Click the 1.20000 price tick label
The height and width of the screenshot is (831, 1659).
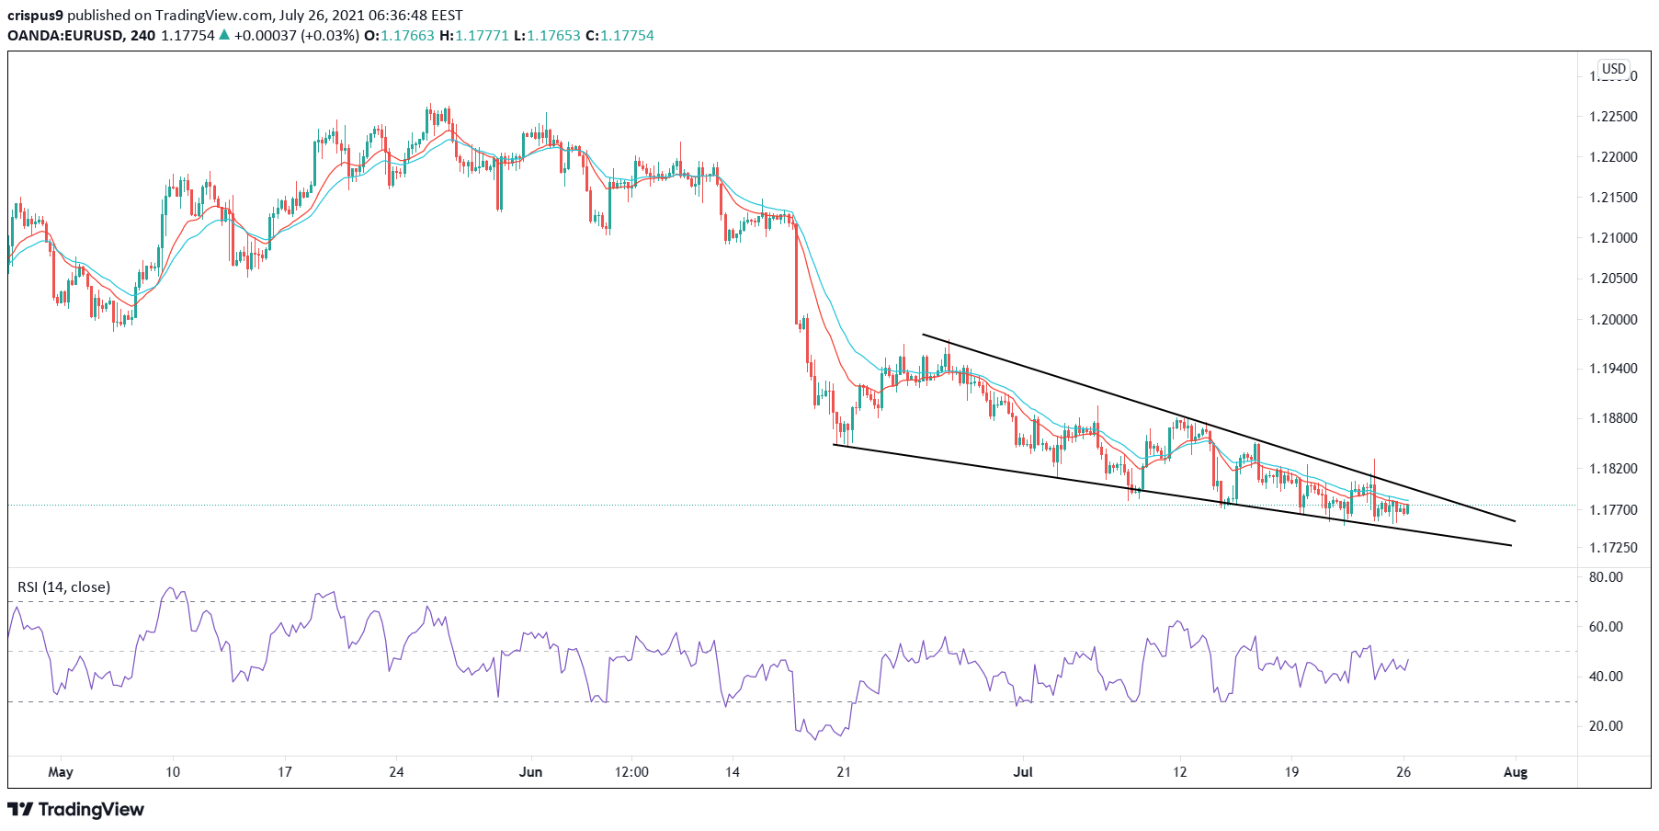1613,320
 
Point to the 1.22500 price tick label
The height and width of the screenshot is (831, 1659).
1613,117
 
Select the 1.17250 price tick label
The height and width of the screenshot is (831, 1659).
1613,548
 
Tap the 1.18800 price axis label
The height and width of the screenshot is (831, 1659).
1613,418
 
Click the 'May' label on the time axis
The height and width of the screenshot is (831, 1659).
61,772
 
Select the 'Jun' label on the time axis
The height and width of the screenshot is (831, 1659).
530,772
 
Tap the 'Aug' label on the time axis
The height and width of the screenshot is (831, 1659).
1515,772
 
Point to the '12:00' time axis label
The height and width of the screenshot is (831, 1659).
631,772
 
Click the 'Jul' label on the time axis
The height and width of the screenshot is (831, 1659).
1023,772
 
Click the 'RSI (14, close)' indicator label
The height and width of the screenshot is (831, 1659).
64,586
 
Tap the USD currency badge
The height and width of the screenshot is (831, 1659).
1613,69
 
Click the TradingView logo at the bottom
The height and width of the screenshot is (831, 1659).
76,810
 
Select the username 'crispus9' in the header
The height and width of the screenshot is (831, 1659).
35,16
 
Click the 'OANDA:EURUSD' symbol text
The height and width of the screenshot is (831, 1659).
63,36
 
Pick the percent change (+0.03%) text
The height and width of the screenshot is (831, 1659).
331,36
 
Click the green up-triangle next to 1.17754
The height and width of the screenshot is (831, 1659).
223,36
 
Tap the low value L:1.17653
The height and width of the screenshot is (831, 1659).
547,36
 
